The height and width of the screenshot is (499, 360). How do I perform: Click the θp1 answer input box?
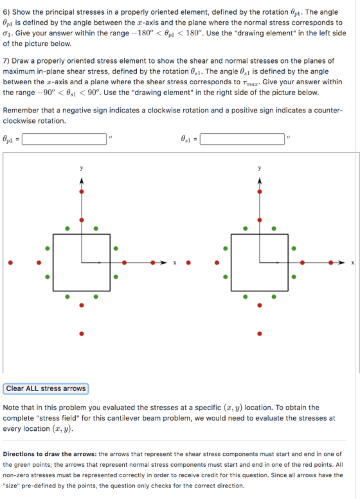pyautogui.click(x=64, y=139)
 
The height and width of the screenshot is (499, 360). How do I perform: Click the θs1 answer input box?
pyautogui.click(x=242, y=139)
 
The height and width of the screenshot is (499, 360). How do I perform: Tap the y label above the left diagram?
pyautogui.click(x=82, y=168)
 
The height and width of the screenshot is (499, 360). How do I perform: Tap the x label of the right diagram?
pyautogui.click(x=352, y=263)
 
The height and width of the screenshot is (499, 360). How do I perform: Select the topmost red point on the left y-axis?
pyautogui.click(x=82, y=192)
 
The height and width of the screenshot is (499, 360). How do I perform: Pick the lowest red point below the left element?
pyautogui.click(x=82, y=334)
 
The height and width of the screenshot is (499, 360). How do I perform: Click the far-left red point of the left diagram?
pyautogui.click(x=10, y=262)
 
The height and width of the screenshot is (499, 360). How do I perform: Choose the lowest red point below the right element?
pyautogui.click(x=260, y=334)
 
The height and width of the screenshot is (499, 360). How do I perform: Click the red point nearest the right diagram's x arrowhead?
pyautogui.click(x=331, y=262)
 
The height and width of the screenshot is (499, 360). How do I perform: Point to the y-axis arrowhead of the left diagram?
pyautogui.click(x=82, y=181)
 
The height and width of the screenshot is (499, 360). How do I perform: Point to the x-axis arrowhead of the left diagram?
pyautogui.click(x=164, y=262)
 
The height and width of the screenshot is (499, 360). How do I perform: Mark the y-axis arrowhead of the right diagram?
pyautogui.click(x=260, y=181)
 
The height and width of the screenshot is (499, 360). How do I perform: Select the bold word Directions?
pyautogui.click(x=19, y=454)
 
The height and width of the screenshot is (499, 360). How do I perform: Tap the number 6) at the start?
pyautogui.click(x=6, y=12)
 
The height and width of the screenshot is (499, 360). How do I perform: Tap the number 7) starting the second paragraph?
pyautogui.click(x=6, y=61)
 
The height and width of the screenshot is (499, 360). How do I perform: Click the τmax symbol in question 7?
pyautogui.click(x=249, y=83)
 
